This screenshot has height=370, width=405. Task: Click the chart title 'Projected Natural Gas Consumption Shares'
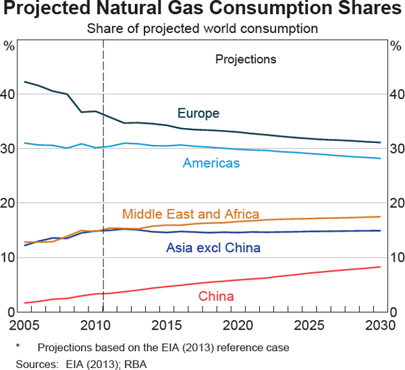pos(202,10)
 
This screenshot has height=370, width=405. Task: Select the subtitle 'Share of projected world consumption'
pos(202,29)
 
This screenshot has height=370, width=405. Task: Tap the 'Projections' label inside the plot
pos(246,59)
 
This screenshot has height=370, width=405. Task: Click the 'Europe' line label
pos(198,113)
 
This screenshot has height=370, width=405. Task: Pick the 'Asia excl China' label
pos(213,248)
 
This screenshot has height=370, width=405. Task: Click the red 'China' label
pos(216,296)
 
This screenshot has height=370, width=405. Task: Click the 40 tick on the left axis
pos(8,94)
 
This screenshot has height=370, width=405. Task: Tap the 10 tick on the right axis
pos(397,257)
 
